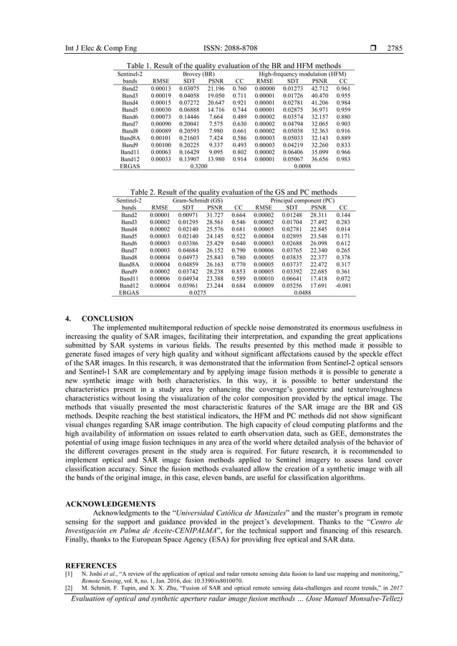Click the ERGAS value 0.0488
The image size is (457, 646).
(x=302, y=292)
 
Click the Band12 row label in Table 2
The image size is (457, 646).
(x=130, y=284)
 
